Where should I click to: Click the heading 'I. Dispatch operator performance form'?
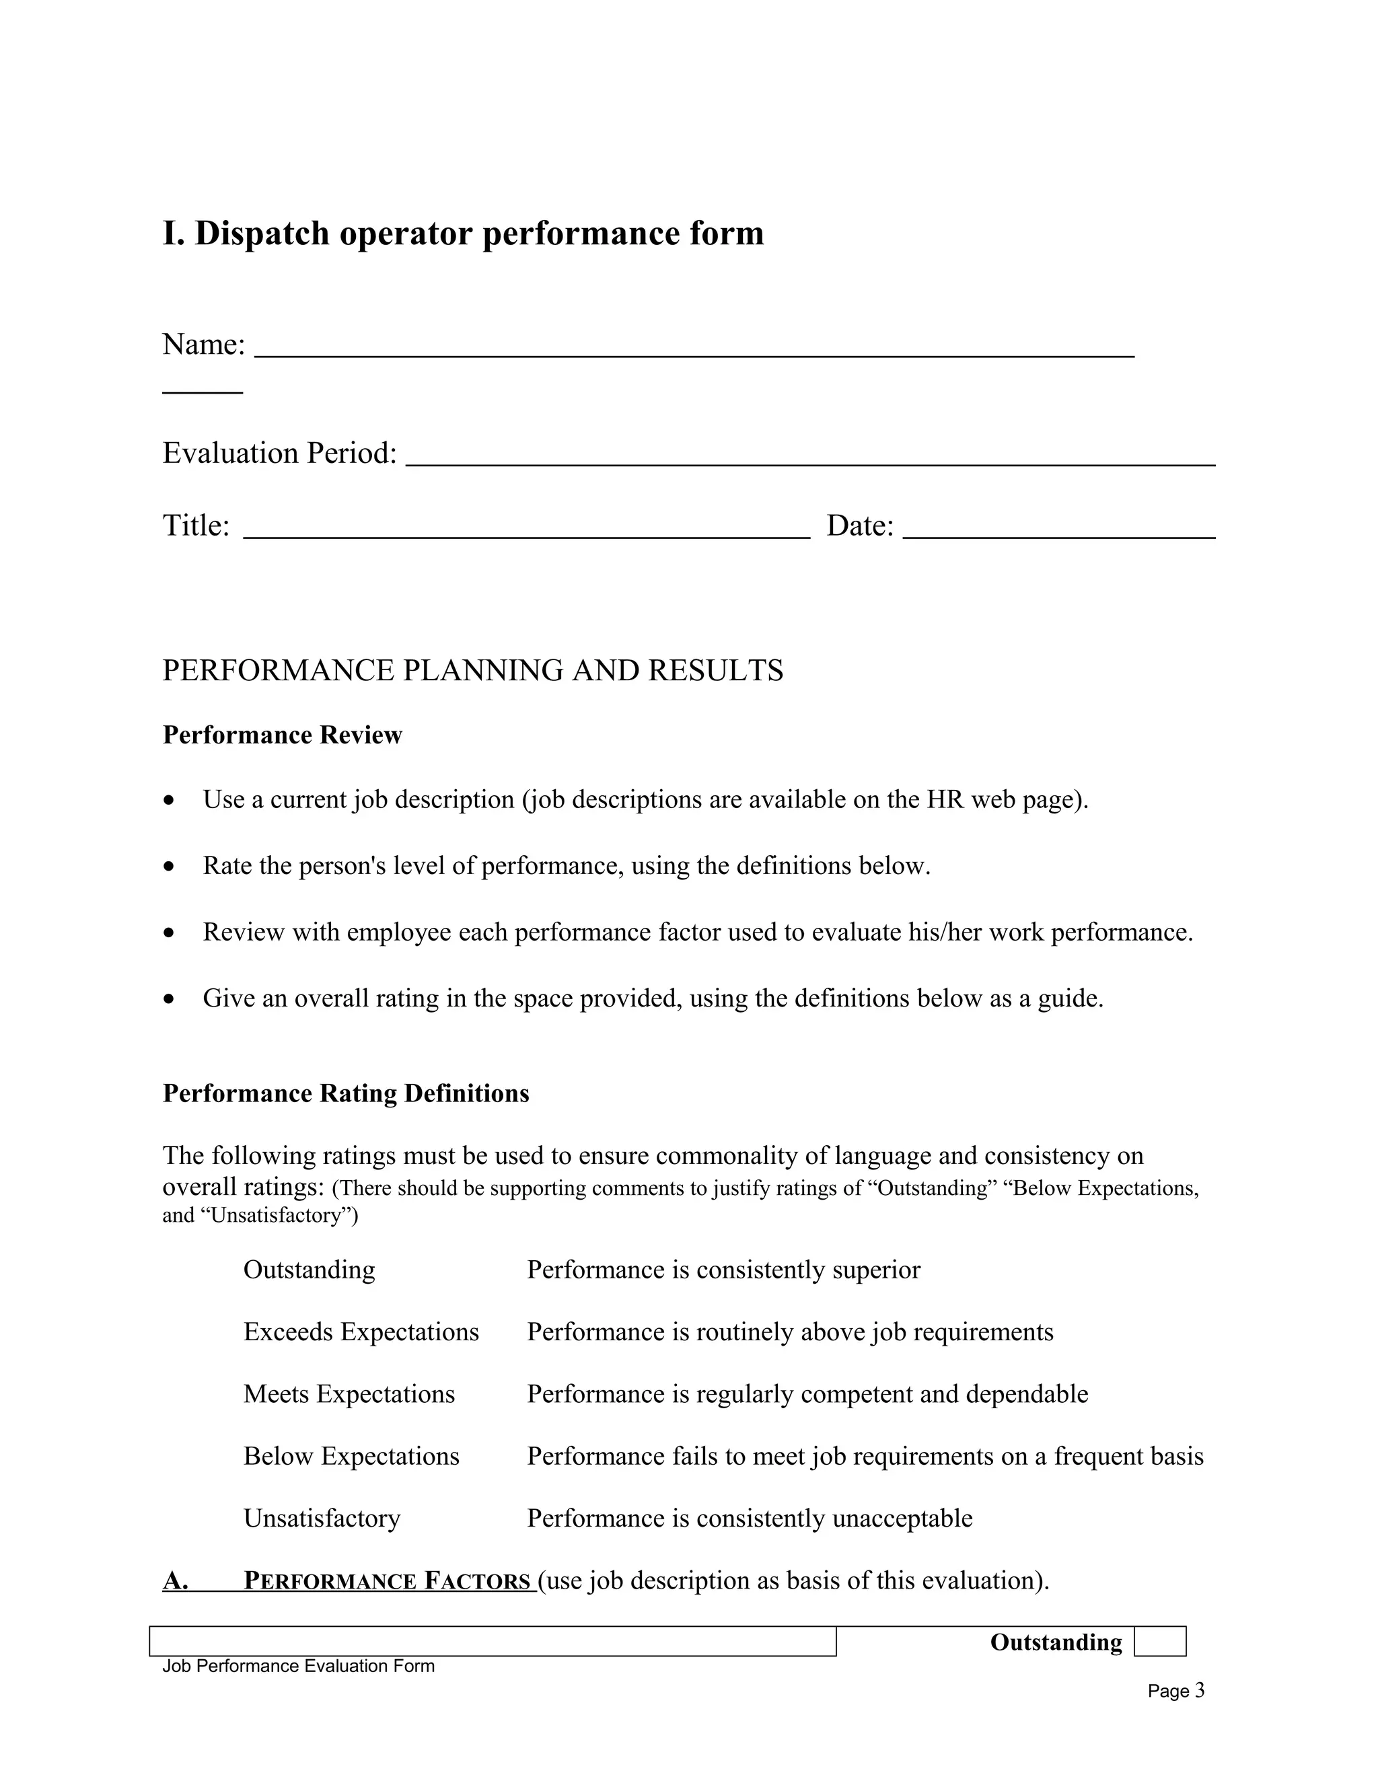[463, 233]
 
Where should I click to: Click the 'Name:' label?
[203, 344]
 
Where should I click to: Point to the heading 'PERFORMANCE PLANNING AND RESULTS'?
[472, 670]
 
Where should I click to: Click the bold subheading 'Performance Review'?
[283, 735]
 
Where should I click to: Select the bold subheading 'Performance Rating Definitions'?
[345, 1093]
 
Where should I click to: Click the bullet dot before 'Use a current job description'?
[169, 801]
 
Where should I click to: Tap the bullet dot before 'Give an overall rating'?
[169, 999]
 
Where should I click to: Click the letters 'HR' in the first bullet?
[945, 799]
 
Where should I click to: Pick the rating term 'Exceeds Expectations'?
[361, 1332]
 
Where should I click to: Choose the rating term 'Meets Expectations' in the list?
[349, 1394]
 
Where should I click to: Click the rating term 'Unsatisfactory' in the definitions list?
[322, 1519]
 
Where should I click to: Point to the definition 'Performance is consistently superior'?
[723, 1270]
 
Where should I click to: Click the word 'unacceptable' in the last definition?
[902, 1519]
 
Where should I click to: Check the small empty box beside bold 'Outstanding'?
[1159, 1642]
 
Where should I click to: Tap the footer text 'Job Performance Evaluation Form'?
[298, 1666]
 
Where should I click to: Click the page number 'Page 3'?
[1175, 1691]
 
